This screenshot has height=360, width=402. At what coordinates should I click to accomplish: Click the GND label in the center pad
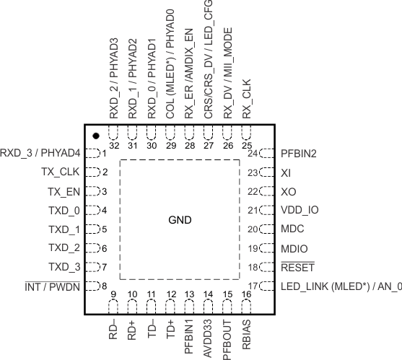click(180, 220)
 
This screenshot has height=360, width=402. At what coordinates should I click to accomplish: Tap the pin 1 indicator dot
click(95, 136)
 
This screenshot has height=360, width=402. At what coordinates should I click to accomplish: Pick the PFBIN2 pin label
click(299, 153)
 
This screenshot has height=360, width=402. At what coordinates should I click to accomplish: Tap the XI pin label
click(285, 172)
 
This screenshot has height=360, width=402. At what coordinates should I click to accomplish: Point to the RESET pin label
click(296, 268)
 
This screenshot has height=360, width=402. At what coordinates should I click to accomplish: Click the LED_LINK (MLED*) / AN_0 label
click(339, 286)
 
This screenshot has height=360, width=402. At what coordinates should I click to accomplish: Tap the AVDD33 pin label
click(209, 333)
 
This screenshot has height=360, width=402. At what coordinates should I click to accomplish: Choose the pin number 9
click(114, 294)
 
